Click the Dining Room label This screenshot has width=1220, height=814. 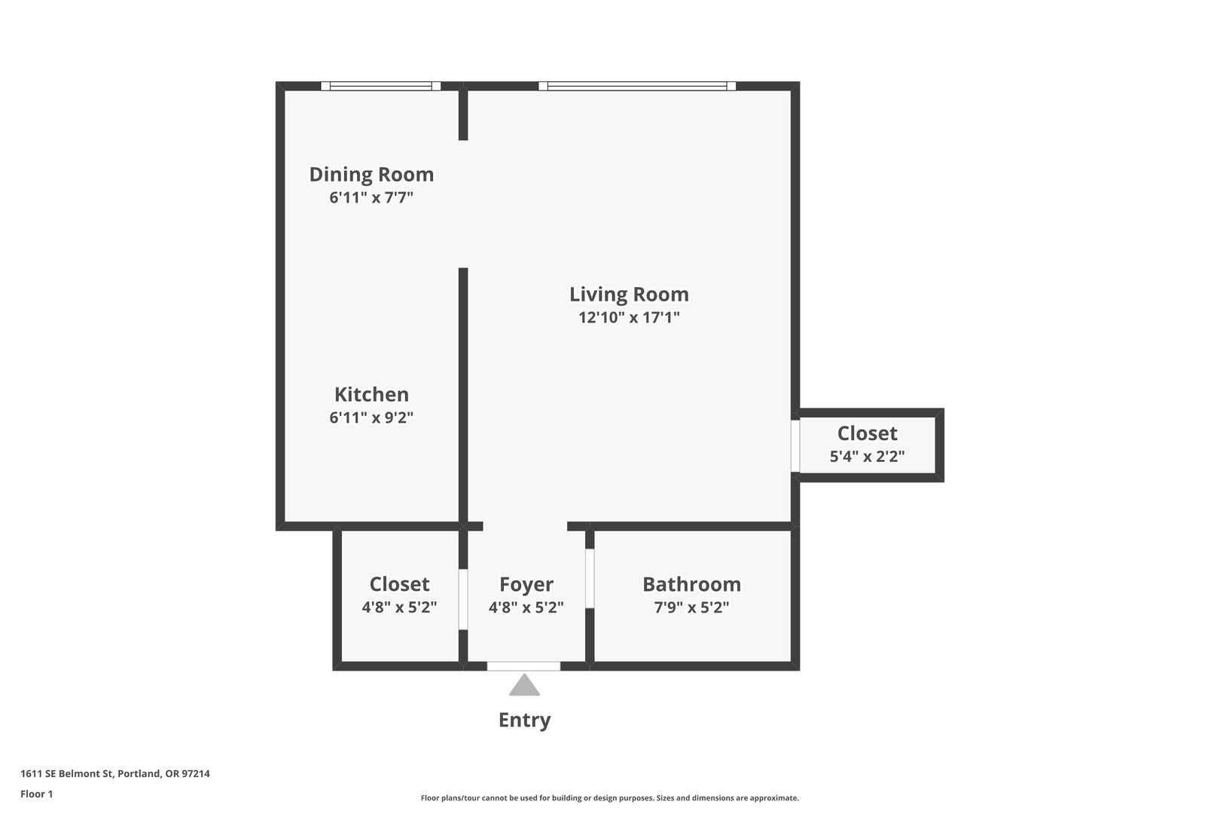click(371, 174)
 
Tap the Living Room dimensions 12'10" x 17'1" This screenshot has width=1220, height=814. click(629, 317)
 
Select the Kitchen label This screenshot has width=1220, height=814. click(371, 394)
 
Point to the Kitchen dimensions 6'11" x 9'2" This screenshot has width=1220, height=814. click(371, 418)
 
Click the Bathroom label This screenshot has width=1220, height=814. click(691, 584)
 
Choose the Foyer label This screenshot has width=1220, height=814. click(526, 584)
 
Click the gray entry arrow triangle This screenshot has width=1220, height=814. click(524, 685)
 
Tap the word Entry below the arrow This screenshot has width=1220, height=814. click(524, 721)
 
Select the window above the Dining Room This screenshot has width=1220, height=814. click(381, 86)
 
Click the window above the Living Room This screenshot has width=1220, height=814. click(637, 86)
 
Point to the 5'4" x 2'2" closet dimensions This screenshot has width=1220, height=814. click(867, 456)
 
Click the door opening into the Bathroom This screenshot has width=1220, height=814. click(590, 579)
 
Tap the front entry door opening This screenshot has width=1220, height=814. click(523, 666)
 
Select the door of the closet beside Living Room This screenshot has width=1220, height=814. click(795, 446)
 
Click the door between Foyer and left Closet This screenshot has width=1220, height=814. click(463, 600)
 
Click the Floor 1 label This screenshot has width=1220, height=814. click(36, 794)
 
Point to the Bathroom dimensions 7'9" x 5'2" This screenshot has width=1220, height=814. click(691, 607)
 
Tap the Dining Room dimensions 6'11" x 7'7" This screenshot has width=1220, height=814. click(371, 197)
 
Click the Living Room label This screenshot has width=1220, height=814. click(629, 295)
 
